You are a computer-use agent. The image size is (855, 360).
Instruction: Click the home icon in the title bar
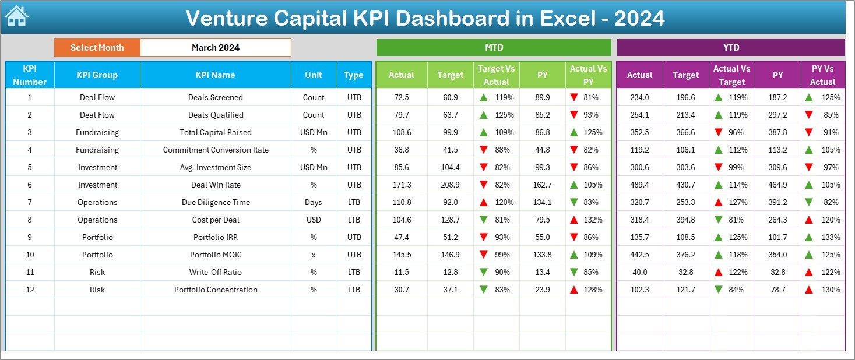tap(16, 16)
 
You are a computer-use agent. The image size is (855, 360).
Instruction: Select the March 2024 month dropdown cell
tap(216, 48)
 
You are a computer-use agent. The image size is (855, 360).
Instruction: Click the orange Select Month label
tap(97, 48)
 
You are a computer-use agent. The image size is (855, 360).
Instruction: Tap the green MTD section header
tap(494, 48)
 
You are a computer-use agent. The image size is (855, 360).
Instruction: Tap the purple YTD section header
tap(731, 48)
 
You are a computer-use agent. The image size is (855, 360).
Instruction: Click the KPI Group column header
tap(97, 75)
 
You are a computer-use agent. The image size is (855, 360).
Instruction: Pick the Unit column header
tap(314, 75)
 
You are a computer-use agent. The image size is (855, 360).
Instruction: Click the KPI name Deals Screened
tap(216, 97)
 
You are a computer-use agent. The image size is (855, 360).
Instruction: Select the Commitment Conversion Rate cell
tap(216, 150)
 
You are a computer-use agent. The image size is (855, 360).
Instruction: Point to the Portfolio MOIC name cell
tap(216, 255)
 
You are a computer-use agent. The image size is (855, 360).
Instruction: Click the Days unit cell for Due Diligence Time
tap(314, 202)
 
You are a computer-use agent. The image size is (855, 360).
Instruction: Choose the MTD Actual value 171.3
tap(402, 185)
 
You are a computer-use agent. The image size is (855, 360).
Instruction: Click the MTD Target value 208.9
tap(450, 185)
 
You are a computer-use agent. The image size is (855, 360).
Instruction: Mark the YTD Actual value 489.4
tap(639, 185)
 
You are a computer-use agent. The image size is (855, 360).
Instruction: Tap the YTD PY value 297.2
tap(777, 115)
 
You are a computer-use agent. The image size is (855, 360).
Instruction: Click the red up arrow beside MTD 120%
tap(483, 202)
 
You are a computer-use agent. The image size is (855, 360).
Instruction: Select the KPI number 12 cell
tap(30, 290)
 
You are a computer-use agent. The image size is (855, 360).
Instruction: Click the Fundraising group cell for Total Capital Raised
tap(97, 132)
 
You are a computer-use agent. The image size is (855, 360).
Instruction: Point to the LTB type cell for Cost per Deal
tap(354, 220)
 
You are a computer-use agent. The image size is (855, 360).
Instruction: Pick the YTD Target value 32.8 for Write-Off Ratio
tap(685, 272)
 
